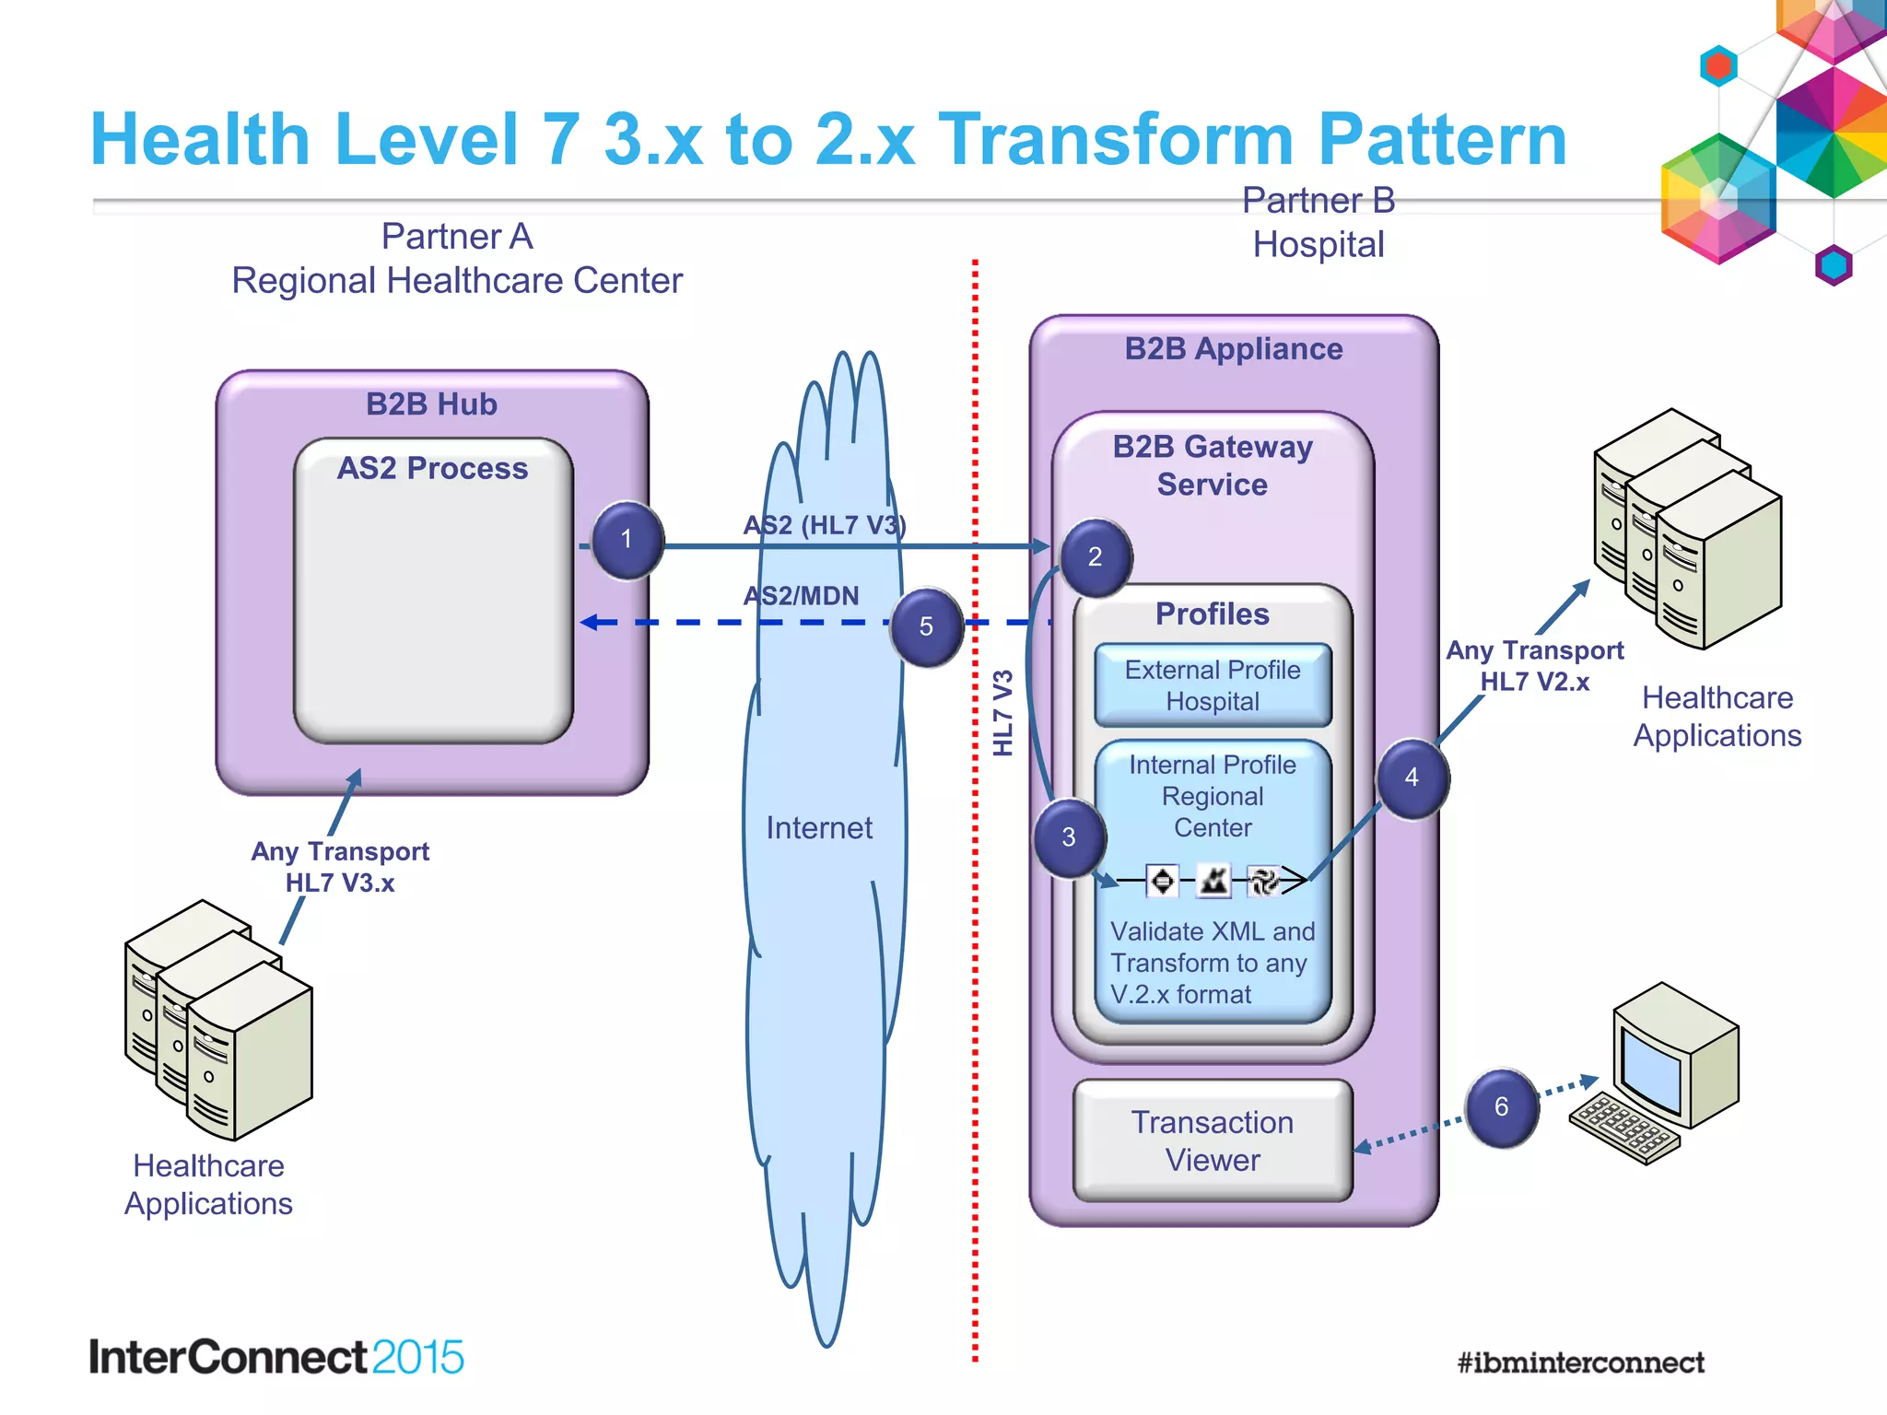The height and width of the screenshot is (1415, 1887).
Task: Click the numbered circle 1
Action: pyautogui.click(x=627, y=540)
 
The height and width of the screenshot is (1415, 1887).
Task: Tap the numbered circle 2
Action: pyautogui.click(x=1095, y=556)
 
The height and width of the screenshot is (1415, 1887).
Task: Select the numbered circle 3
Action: pyautogui.click(x=1069, y=836)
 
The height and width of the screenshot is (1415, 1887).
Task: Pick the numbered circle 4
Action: pyautogui.click(x=1412, y=778)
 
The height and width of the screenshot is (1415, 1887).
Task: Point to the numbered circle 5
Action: pyautogui.click(x=927, y=626)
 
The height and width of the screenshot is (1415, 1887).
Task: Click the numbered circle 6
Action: pyautogui.click(x=1501, y=1106)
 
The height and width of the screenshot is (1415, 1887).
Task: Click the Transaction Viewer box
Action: pyautogui.click(x=1213, y=1140)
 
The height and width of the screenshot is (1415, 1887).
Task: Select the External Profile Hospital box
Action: pyautogui.click(x=1213, y=685)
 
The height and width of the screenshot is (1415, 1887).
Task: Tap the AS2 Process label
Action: pyautogui.click(x=432, y=468)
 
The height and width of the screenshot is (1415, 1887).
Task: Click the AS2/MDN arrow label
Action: pyautogui.click(x=801, y=596)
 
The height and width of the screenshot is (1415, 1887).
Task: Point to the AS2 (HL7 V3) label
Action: pyautogui.click(x=825, y=525)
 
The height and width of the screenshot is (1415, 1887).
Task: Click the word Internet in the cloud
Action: pyautogui.click(x=819, y=827)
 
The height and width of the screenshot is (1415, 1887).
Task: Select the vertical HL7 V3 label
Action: pyautogui.click(x=1002, y=713)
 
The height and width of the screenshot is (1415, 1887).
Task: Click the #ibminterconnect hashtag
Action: pyautogui.click(x=1580, y=1362)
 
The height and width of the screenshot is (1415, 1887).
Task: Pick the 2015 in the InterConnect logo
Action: pyautogui.click(x=418, y=1357)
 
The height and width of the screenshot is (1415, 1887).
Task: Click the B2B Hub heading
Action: pyautogui.click(x=431, y=404)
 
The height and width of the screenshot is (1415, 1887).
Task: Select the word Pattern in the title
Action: pyautogui.click(x=1442, y=140)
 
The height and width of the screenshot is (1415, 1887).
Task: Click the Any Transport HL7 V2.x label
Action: pyautogui.click(x=1534, y=666)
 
